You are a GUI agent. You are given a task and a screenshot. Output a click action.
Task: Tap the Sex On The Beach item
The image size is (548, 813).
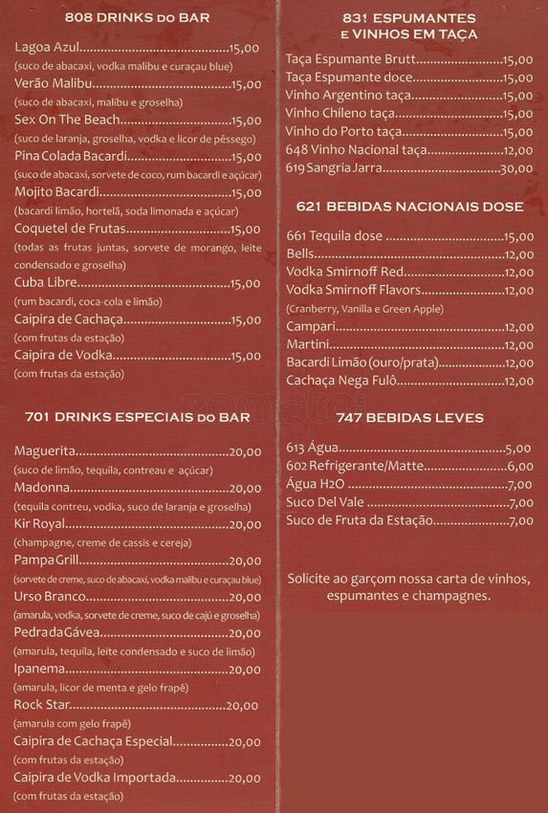[68, 120]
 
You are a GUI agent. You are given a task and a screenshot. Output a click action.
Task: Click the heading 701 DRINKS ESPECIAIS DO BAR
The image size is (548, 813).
[140, 417]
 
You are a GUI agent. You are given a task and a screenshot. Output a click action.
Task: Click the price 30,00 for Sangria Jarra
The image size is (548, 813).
[517, 169]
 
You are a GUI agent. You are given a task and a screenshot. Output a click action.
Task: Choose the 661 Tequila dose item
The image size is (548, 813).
[335, 236]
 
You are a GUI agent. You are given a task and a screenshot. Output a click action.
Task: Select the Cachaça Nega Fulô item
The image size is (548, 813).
[341, 381]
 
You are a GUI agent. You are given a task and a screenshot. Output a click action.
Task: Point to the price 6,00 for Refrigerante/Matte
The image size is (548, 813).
[519, 466]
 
